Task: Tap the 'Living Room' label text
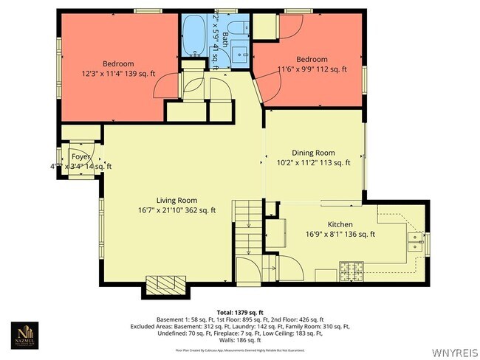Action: point(176,200)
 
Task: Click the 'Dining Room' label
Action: point(312,153)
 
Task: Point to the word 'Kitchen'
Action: point(340,224)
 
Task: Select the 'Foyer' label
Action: point(80,157)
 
